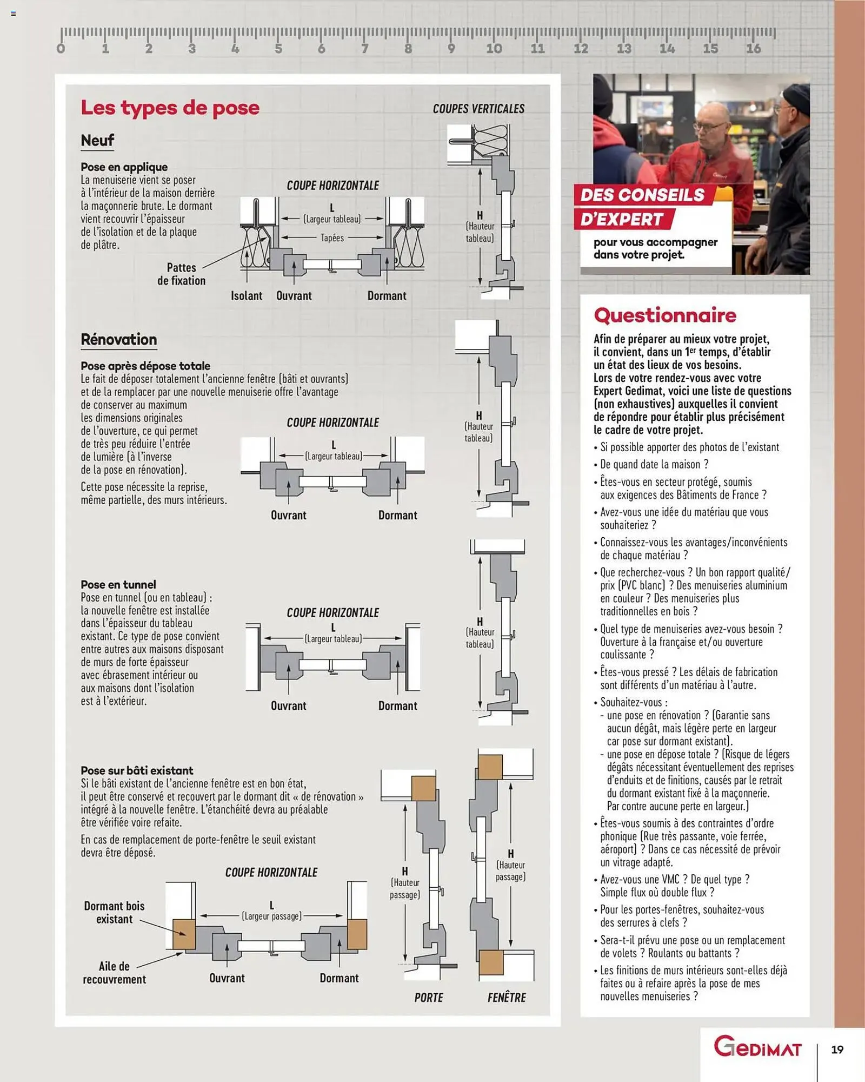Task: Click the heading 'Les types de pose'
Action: [x=170, y=108]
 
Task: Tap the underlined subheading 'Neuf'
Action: [x=97, y=141]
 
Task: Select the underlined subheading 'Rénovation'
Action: [x=119, y=340]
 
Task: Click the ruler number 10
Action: [x=494, y=49]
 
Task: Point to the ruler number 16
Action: [x=753, y=49]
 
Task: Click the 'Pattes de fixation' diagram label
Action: [x=181, y=274]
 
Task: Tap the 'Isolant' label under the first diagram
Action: [x=247, y=296]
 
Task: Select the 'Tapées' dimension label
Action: [x=332, y=238]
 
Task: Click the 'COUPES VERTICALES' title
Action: [x=478, y=109]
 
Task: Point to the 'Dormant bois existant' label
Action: [x=114, y=912]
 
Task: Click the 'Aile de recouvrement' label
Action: [x=114, y=973]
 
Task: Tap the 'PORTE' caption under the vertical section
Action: [x=429, y=998]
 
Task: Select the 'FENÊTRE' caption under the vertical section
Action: [x=507, y=998]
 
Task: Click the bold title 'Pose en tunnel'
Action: [x=118, y=584]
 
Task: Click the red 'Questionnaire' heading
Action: [x=665, y=315]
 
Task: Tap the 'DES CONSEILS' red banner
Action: [x=642, y=195]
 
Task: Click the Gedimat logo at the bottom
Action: [x=757, y=1047]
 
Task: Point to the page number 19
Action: [x=837, y=1050]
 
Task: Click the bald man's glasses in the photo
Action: [x=709, y=126]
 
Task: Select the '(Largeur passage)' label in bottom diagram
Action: [x=271, y=916]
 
